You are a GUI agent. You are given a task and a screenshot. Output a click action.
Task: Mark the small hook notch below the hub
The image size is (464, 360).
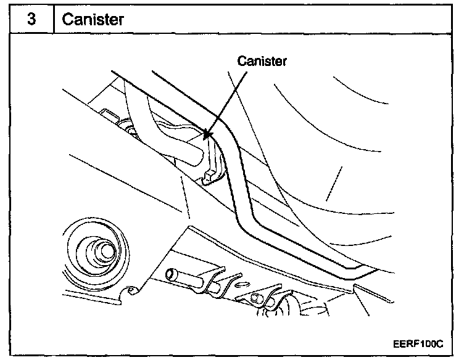[x=130, y=291]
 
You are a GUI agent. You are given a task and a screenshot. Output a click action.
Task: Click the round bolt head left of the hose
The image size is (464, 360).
[x=131, y=130]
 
